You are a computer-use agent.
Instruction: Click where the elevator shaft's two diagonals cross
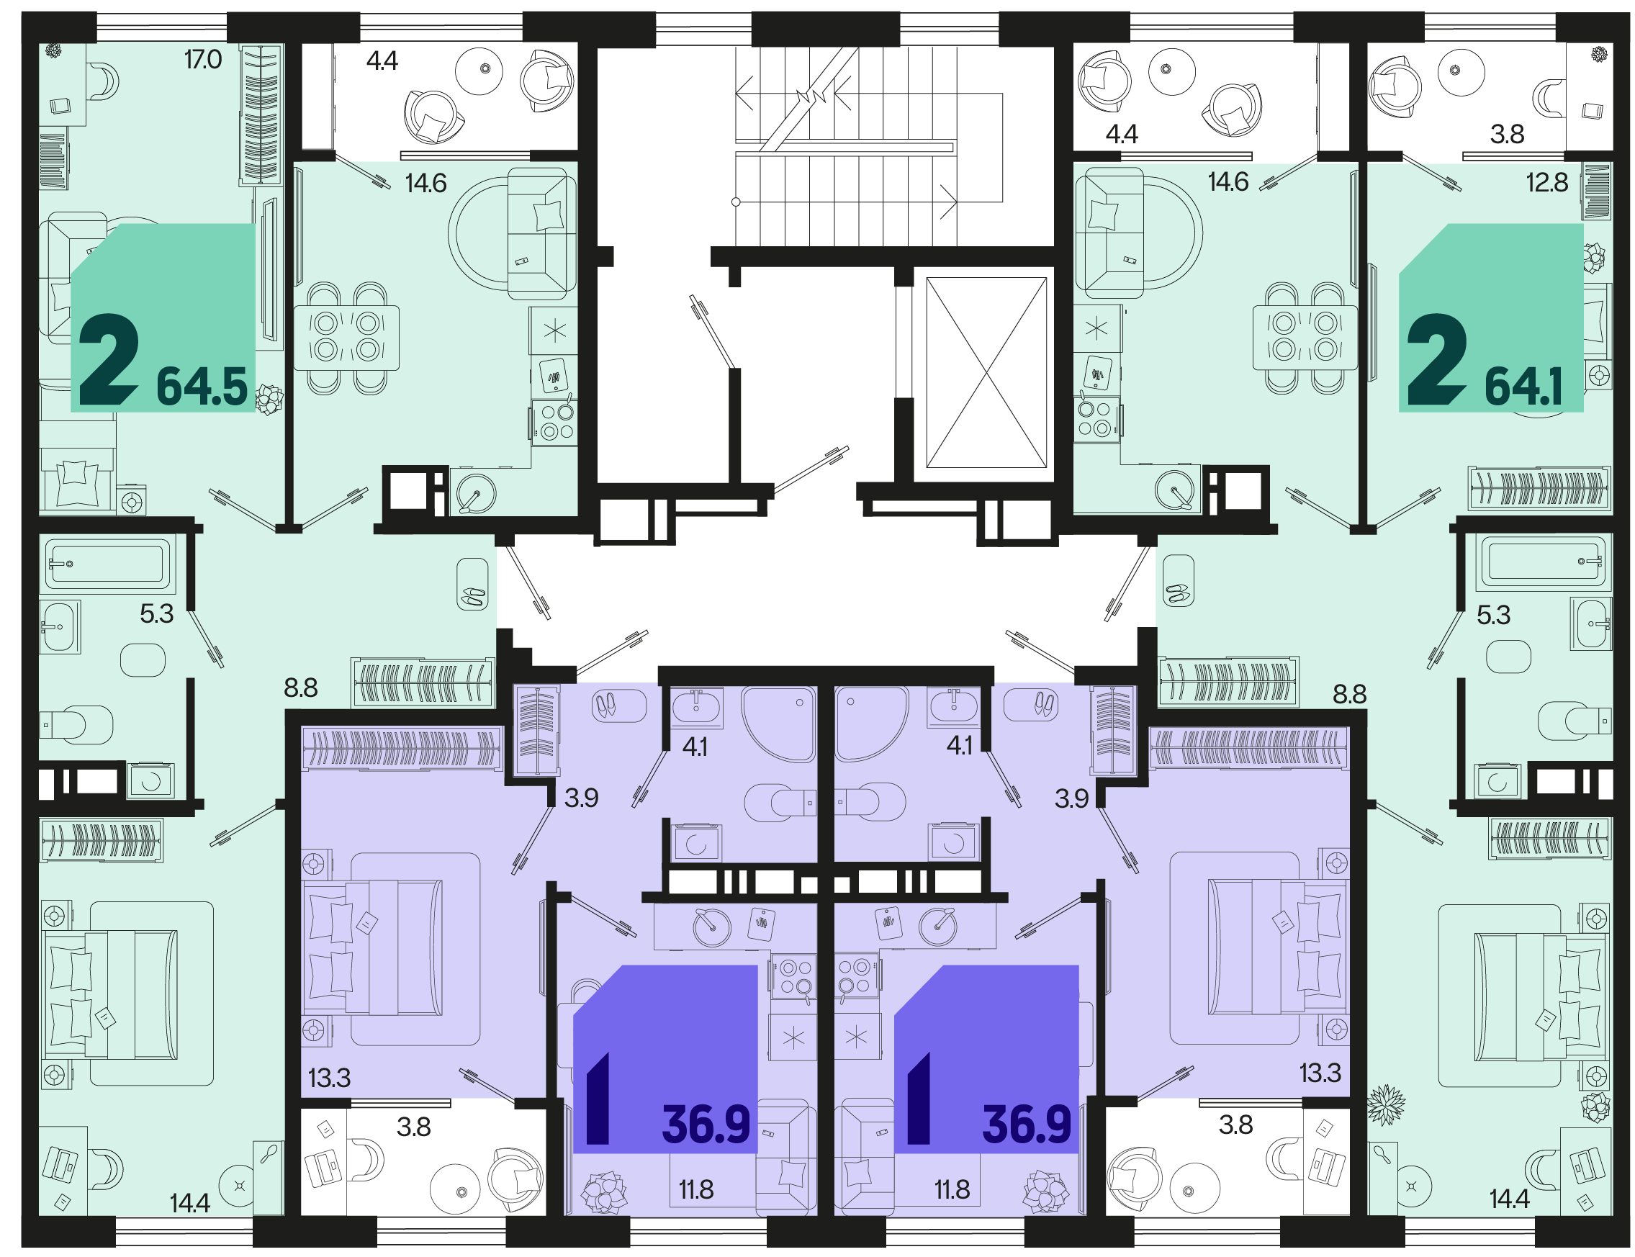(986, 372)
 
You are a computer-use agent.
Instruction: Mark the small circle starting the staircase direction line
(736, 202)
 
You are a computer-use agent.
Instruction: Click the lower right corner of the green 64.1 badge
(1583, 411)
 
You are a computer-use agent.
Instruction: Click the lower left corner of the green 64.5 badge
(71, 411)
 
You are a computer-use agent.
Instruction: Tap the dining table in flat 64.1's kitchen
(1305, 338)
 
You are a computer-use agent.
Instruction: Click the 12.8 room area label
(1546, 182)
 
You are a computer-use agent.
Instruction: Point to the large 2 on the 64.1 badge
(1436, 360)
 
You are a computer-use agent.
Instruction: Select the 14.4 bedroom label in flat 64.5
(189, 1202)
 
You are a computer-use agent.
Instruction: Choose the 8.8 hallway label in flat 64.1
(1349, 693)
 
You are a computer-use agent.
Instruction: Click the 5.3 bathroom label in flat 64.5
(156, 613)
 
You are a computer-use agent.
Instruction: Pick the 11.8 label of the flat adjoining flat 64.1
(952, 1189)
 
